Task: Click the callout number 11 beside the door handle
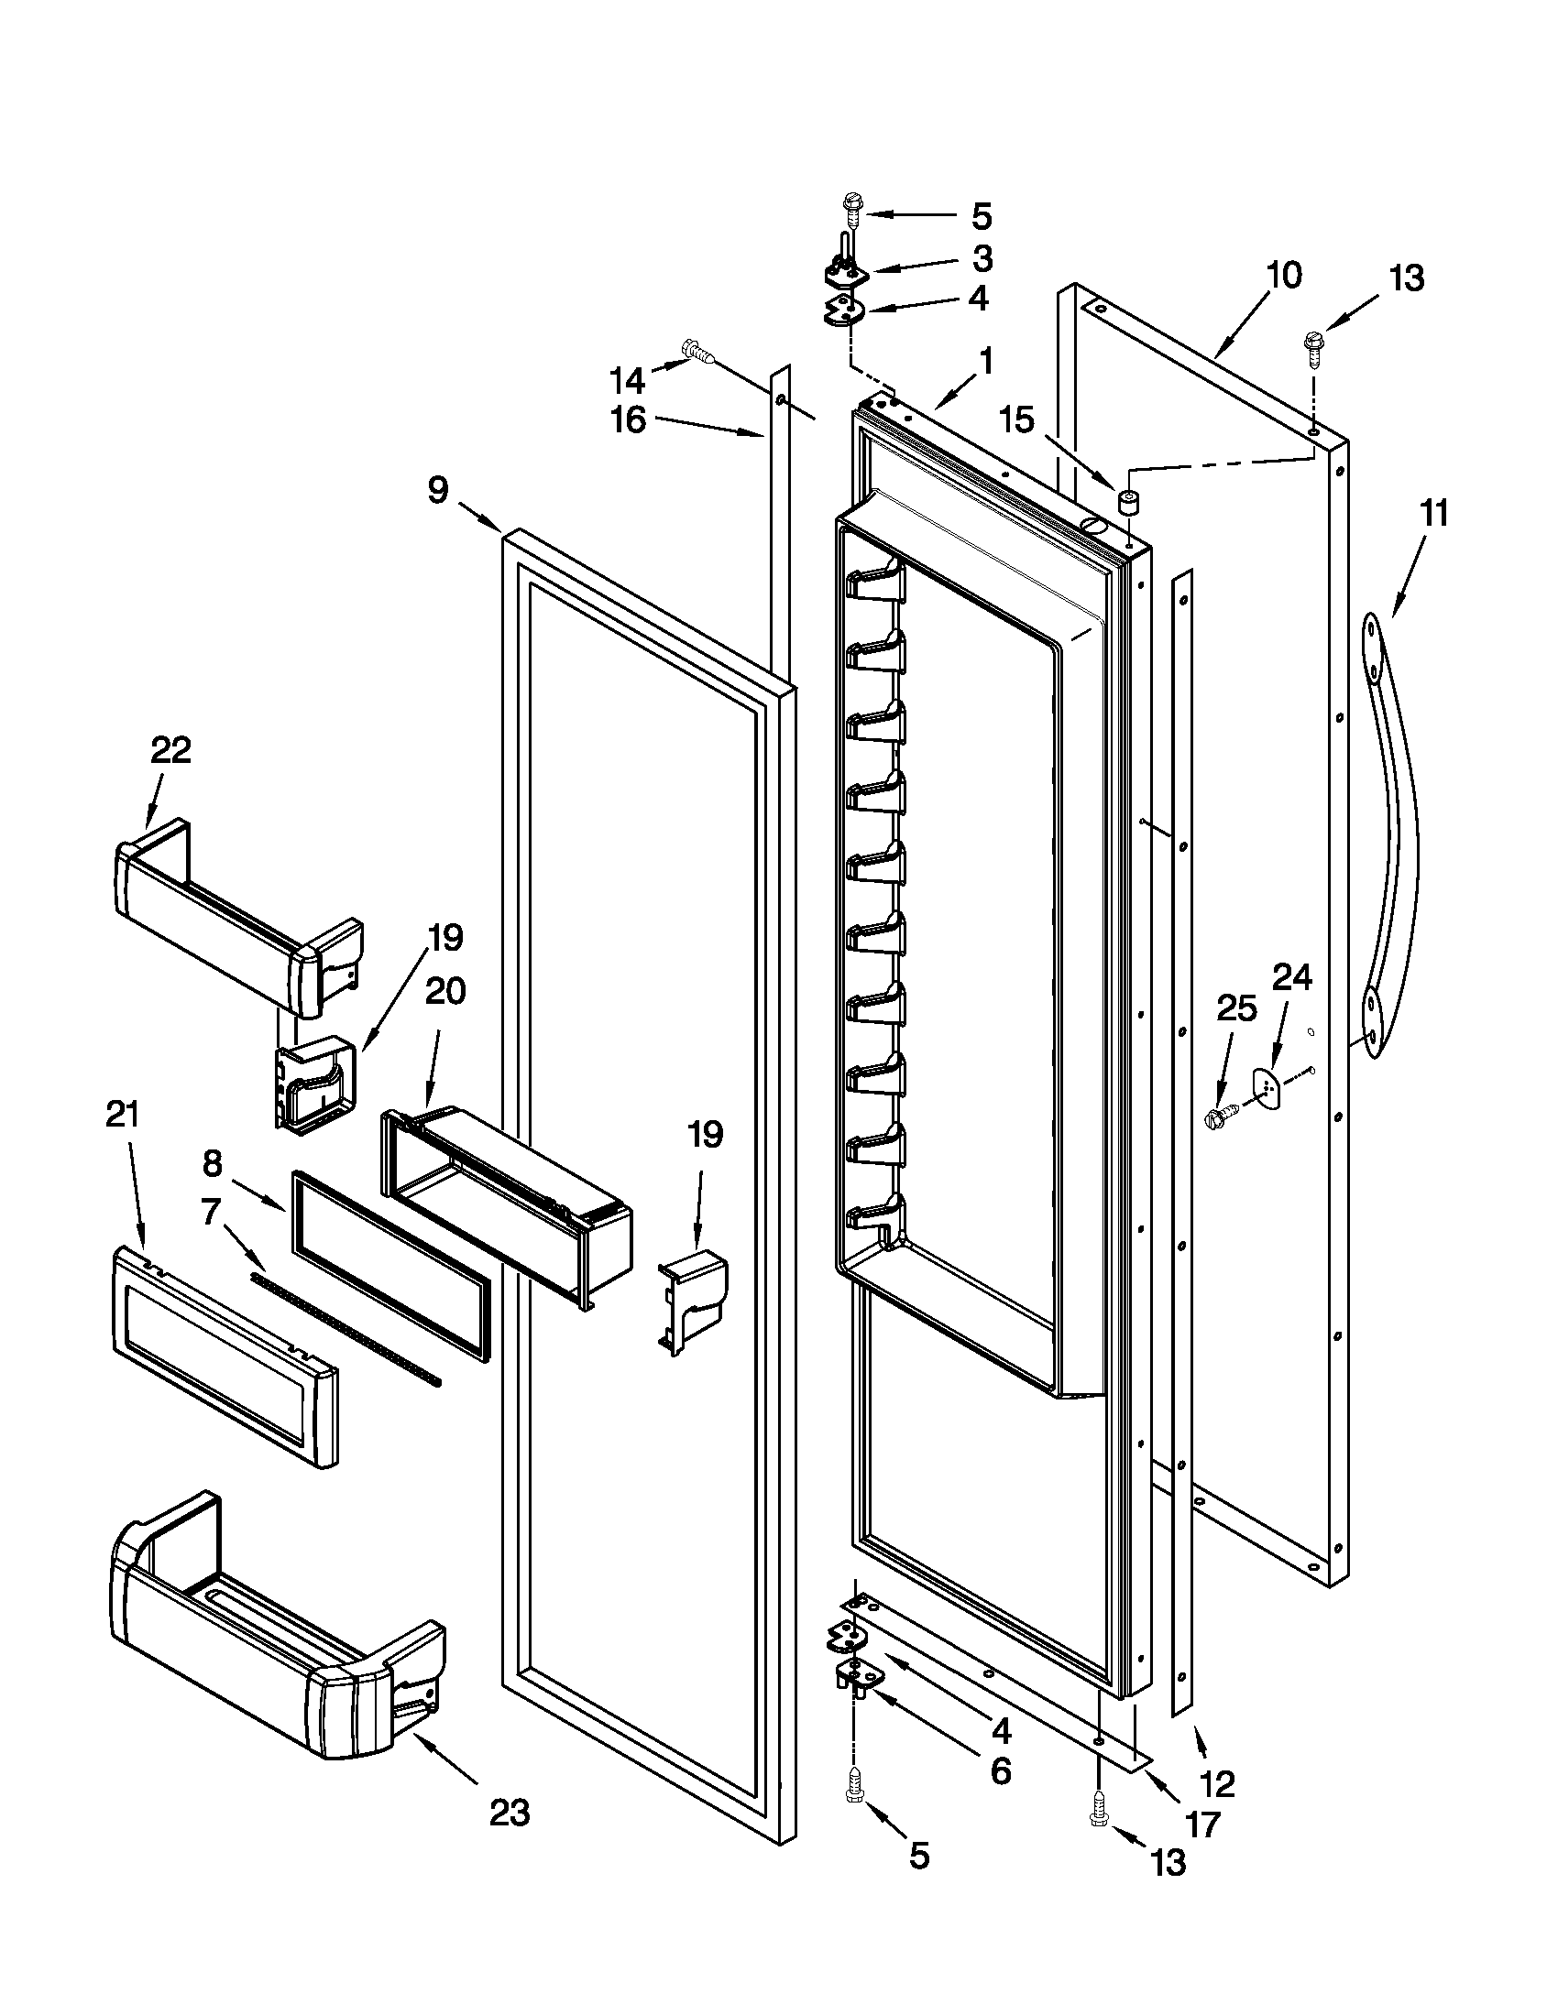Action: pyautogui.click(x=1433, y=514)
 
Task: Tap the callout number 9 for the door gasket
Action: pyautogui.click(x=438, y=491)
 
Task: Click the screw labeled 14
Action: pyautogui.click(x=698, y=351)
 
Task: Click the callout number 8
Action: pyautogui.click(x=213, y=1164)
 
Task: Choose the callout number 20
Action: pyautogui.click(x=444, y=992)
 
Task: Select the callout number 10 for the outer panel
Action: pyautogui.click(x=1284, y=275)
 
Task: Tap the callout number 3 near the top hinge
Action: pyautogui.click(x=982, y=259)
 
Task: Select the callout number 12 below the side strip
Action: pyautogui.click(x=1218, y=1784)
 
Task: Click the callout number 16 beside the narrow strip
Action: pyautogui.click(x=629, y=420)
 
